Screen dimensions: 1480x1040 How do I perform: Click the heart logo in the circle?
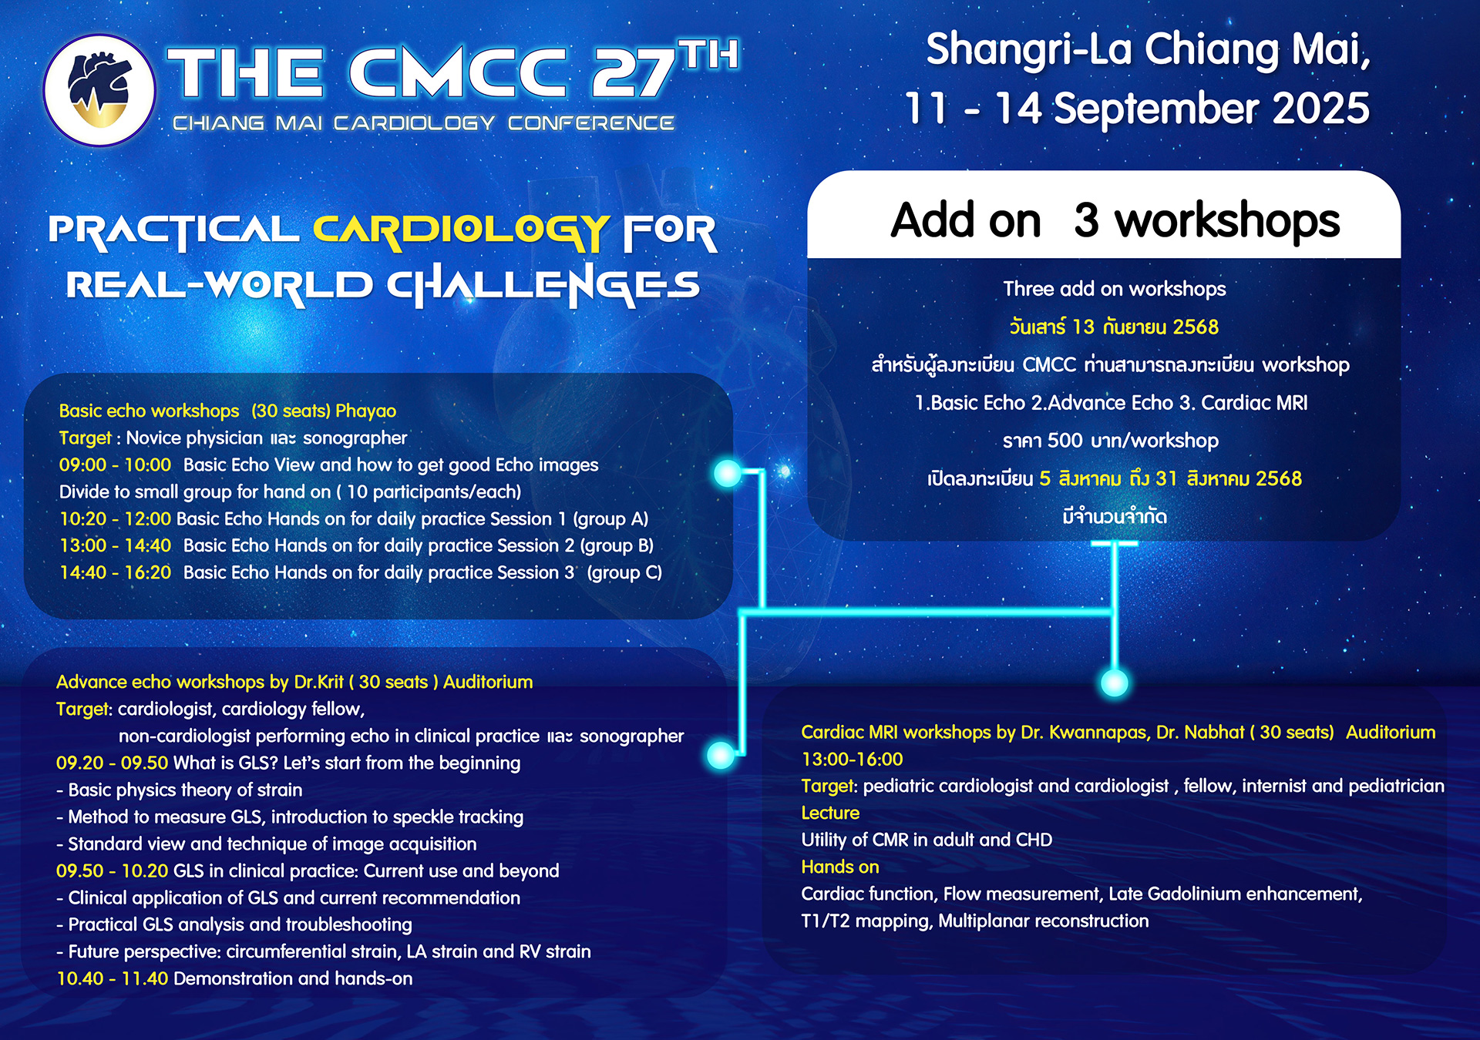(x=99, y=90)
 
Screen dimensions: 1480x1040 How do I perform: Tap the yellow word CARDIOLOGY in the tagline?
(x=460, y=232)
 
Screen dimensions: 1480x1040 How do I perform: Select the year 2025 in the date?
(x=1320, y=108)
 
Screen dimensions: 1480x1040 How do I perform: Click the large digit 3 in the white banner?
(x=1086, y=220)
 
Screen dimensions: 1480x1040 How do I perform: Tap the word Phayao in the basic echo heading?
(x=365, y=411)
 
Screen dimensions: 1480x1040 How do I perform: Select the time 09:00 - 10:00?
(x=115, y=465)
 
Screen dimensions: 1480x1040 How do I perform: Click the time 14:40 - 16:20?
(x=115, y=572)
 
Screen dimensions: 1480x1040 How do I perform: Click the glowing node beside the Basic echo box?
(x=727, y=473)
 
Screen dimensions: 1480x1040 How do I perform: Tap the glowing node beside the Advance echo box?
(x=721, y=755)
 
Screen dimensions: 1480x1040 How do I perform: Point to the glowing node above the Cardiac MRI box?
(x=1114, y=682)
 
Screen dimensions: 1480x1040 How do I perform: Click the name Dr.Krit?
(x=318, y=682)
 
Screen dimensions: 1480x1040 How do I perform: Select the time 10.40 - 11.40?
(x=112, y=978)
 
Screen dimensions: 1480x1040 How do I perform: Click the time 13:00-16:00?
(x=852, y=759)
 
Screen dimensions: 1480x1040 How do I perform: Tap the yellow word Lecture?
(x=830, y=813)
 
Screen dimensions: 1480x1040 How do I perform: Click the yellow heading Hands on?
(x=840, y=867)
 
